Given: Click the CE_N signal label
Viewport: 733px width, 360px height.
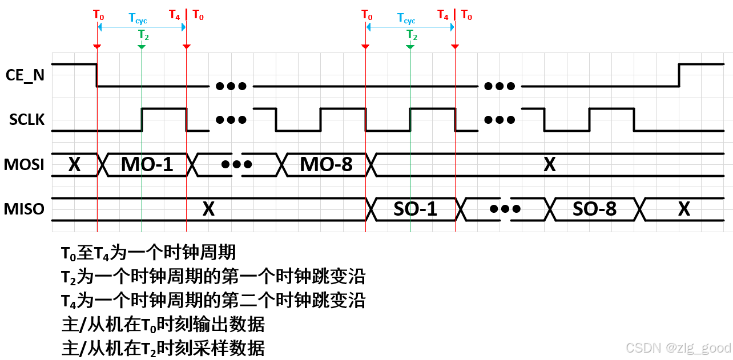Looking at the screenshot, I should (25, 75).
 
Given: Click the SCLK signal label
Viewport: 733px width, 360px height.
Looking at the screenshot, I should (26, 120).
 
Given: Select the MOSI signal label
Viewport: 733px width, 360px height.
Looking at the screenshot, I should (25, 165).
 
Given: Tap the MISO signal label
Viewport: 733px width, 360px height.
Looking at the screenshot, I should (25, 209).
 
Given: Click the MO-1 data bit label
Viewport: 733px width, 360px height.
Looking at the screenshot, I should (147, 165).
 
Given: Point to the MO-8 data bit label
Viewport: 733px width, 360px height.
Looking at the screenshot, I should (326, 165).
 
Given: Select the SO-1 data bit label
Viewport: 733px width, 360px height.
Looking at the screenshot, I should (416, 209).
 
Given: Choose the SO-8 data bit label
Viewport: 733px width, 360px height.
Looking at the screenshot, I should (594, 209).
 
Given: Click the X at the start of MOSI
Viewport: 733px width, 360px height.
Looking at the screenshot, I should (74, 165).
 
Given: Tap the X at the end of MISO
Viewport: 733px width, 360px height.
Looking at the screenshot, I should (684, 209).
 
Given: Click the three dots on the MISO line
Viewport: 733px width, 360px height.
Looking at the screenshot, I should (505, 209).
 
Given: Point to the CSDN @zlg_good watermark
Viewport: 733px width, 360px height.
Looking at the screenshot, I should (678, 348).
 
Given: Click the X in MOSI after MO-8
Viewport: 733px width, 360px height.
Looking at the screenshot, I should (549, 165).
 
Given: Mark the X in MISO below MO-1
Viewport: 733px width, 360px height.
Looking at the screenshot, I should (208, 209).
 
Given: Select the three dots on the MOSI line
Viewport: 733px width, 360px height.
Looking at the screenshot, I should (236, 164).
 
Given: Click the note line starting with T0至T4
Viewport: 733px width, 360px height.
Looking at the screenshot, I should (148, 252).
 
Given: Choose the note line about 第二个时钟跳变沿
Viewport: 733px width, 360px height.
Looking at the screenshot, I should (213, 300).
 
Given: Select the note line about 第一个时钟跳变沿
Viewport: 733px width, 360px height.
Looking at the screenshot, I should (213, 277).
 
